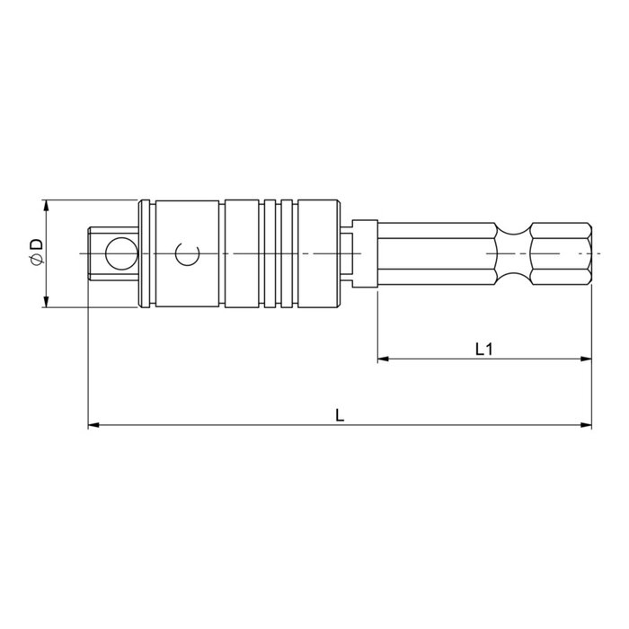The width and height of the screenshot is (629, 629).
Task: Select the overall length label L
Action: (x=340, y=414)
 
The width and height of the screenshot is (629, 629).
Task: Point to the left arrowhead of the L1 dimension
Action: (x=381, y=360)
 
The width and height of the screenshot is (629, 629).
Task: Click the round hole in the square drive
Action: (x=117, y=254)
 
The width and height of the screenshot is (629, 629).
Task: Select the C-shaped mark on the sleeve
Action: (x=185, y=255)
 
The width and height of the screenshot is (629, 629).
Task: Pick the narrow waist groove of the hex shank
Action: (x=514, y=254)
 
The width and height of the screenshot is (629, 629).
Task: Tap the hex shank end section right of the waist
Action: (x=562, y=254)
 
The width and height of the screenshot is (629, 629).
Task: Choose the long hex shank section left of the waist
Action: (x=436, y=254)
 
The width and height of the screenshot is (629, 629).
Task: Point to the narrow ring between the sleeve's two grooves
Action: (x=272, y=254)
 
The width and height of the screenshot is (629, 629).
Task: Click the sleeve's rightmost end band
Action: (x=320, y=254)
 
